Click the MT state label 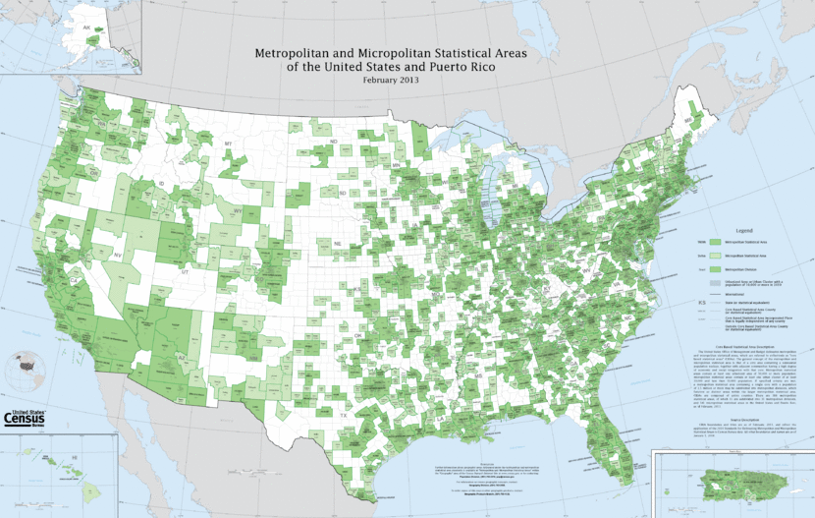[x=228, y=144]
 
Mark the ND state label [x=333, y=142]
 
